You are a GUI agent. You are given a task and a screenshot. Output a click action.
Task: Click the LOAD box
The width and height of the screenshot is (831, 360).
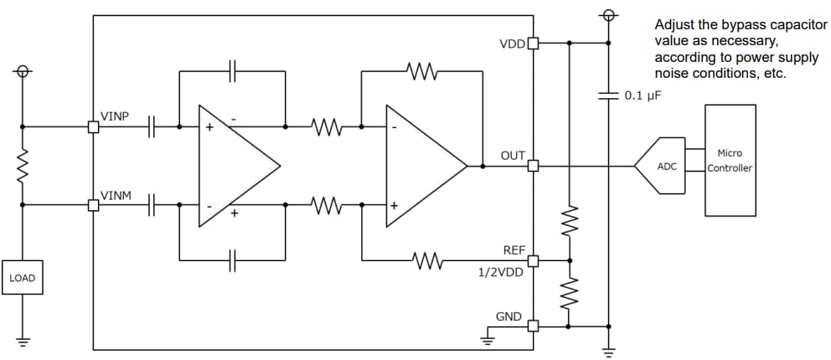coord(22,278)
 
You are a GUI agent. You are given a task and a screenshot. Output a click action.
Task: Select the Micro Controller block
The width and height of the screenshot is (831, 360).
coord(730,161)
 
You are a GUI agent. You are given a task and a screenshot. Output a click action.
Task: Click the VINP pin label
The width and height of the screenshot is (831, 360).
coord(115,116)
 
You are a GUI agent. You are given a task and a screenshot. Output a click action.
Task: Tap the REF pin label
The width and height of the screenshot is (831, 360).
coord(514,249)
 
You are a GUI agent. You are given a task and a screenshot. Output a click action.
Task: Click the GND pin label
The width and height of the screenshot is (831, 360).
coord(508,316)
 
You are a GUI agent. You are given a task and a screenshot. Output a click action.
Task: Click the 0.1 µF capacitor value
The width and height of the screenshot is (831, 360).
coord(643,95)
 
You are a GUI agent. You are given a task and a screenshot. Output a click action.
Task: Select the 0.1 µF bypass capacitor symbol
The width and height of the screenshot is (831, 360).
coord(609,95)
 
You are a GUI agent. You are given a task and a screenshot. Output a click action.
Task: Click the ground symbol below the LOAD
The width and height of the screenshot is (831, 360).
coord(23,342)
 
